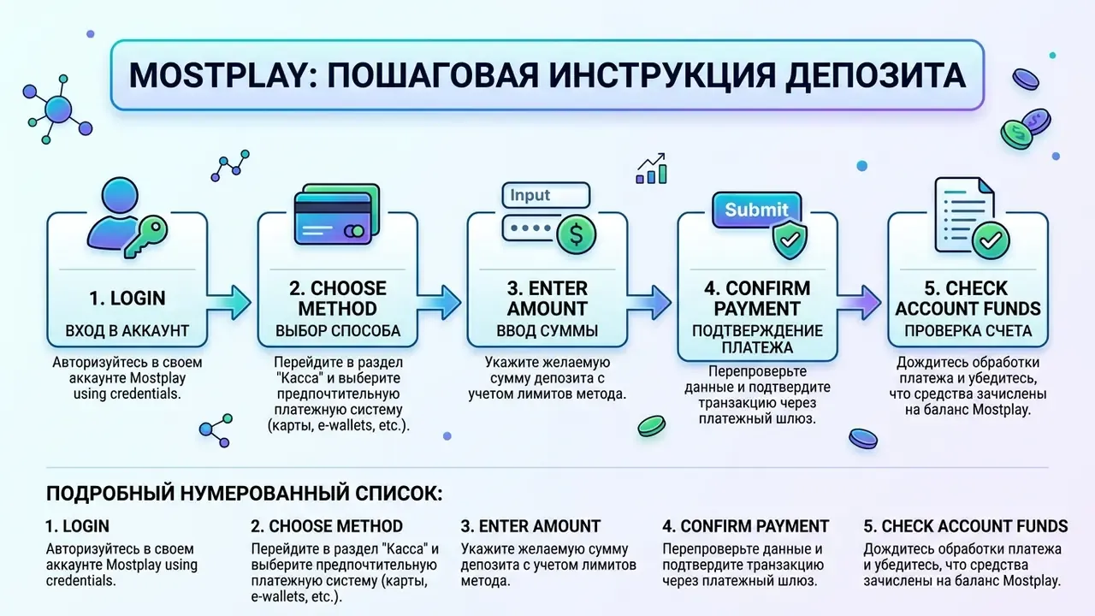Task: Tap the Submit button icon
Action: point(756,210)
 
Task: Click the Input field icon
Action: point(546,195)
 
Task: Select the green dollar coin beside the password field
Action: point(577,235)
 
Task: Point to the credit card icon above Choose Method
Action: point(337,214)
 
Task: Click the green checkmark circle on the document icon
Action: point(991,240)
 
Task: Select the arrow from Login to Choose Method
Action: point(228,303)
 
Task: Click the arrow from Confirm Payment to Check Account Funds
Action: point(859,303)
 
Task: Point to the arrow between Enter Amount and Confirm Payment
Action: point(649,303)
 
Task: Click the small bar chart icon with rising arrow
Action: point(652,169)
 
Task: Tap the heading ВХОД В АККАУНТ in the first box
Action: point(127,331)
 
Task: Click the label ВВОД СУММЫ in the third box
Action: point(547,331)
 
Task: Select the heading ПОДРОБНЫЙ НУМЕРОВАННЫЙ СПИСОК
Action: point(245,494)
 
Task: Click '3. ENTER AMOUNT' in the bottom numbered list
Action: point(530,526)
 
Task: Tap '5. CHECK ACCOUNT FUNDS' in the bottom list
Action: point(966,526)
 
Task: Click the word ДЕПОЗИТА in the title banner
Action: point(875,75)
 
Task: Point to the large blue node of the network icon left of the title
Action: point(58,109)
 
